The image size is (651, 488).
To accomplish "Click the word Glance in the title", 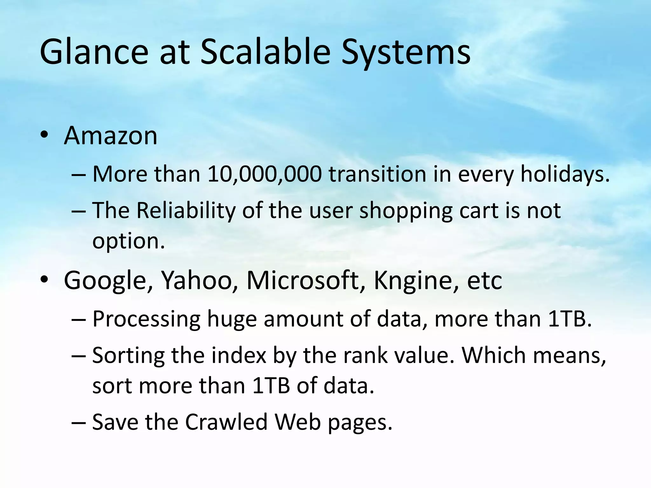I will (x=94, y=52).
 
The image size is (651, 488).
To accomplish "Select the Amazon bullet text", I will (x=111, y=136).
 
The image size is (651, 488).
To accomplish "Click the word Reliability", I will (x=186, y=211).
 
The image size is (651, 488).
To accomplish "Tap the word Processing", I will (x=147, y=319).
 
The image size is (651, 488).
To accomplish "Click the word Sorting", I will (x=128, y=356).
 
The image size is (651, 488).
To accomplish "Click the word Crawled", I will (x=226, y=422).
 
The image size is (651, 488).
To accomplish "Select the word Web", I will (x=298, y=422).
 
